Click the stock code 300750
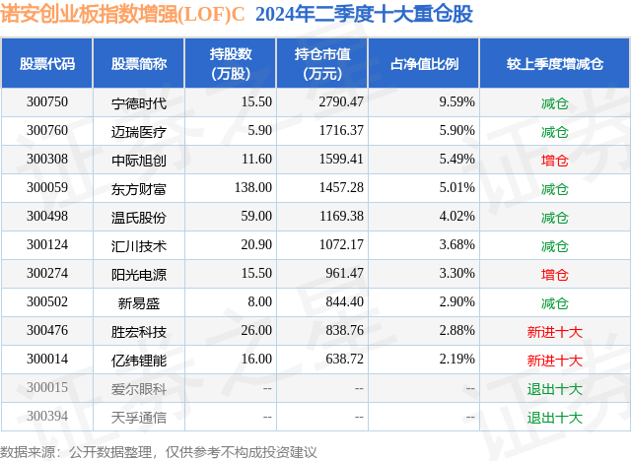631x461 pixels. point(47,102)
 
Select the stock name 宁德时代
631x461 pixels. point(139,102)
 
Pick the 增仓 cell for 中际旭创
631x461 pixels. point(555,160)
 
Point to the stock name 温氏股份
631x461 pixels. point(139,217)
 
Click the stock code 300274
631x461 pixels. point(47,274)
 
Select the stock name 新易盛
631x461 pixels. point(139,302)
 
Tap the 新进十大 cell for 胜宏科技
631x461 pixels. point(555,331)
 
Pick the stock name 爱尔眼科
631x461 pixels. point(139,388)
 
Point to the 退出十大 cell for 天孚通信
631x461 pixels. point(555,417)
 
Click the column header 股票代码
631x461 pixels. point(47,64)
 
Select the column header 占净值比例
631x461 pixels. point(432,64)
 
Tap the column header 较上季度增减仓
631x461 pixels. point(555,64)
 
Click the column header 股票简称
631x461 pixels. point(139,64)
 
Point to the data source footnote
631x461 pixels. point(159,451)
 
